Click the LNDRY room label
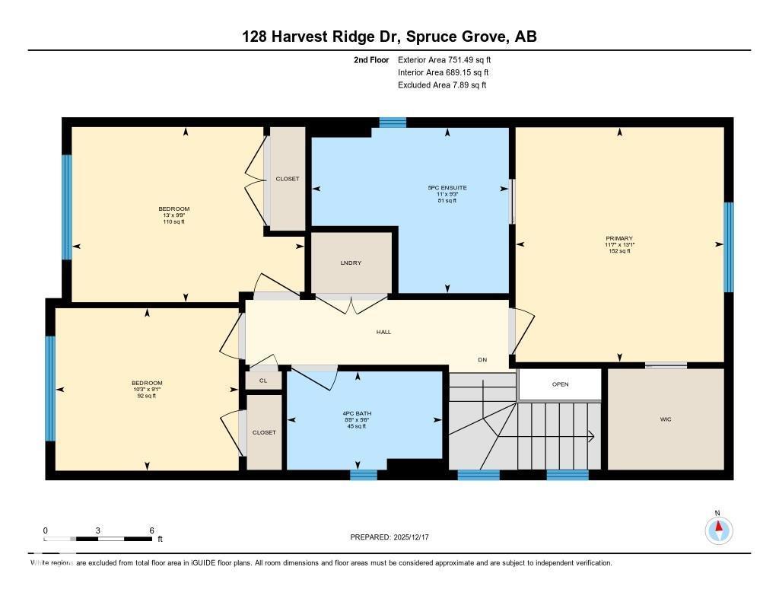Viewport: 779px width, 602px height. point(351,263)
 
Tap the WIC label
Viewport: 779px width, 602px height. point(666,419)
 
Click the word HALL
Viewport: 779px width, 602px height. point(383,332)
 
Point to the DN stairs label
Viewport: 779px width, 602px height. point(482,359)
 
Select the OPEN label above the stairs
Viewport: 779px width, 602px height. point(560,384)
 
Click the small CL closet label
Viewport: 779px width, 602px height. point(263,379)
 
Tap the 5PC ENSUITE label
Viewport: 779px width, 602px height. point(447,187)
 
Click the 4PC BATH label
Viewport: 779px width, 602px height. point(357,413)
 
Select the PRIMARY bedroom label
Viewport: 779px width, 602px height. point(619,238)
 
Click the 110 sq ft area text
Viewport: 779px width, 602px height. point(173,221)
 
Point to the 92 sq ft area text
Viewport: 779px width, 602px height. point(146,396)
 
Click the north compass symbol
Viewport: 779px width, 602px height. point(717,529)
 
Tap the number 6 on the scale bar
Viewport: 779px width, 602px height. point(151,530)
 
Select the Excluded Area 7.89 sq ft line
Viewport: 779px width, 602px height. point(441,85)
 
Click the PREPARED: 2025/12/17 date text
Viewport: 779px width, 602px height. point(389,537)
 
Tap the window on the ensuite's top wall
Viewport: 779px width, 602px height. point(393,122)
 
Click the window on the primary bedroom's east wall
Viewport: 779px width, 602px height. point(728,247)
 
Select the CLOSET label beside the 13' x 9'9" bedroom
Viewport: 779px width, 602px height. point(288,179)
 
